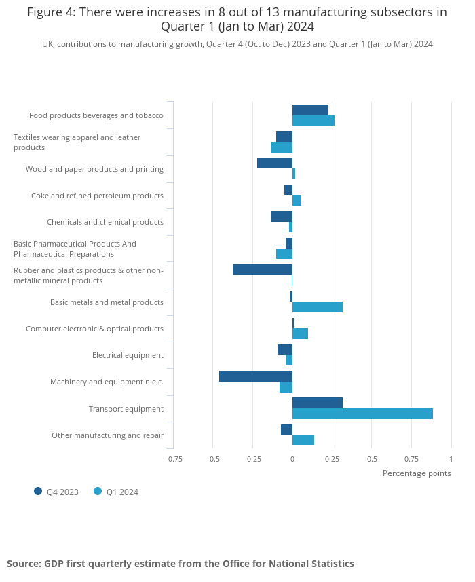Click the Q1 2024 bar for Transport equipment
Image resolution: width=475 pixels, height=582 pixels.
click(x=362, y=414)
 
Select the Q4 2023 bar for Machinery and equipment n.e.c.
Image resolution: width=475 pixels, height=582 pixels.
click(x=256, y=376)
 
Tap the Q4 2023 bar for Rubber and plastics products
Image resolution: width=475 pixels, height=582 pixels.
click(x=263, y=270)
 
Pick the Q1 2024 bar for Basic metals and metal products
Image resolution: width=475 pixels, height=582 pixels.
click(x=318, y=307)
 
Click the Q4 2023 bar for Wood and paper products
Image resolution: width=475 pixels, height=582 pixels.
click(x=275, y=163)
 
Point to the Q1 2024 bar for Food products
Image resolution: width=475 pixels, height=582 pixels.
click(x=313, y=121)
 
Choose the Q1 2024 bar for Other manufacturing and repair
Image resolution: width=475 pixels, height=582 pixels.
click(x=303, y=440)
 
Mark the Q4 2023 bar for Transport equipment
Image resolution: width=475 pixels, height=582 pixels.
click(x=318, y=403)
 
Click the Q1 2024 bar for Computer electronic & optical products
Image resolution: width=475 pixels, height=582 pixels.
click(x=300, y=333)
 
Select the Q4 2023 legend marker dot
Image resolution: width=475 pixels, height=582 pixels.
click(x=38, y=492)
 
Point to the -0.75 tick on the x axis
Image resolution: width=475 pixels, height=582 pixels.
click(x=174, y=459)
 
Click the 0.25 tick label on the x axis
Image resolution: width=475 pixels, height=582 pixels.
click(x=332, y=459)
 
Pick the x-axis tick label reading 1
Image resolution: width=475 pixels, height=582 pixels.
click(x=451, y=459)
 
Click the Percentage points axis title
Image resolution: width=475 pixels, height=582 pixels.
click(x=417, y=473)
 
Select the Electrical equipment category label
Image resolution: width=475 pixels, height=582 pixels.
click(x=128, y=355)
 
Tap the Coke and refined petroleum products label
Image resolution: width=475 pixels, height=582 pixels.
click(x=97, y=196)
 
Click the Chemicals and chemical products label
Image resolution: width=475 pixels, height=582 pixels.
click(x=105, y=222)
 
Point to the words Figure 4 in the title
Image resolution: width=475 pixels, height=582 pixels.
click(x=51, y=12)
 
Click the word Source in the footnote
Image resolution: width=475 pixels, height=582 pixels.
click(x=23, y=564)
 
